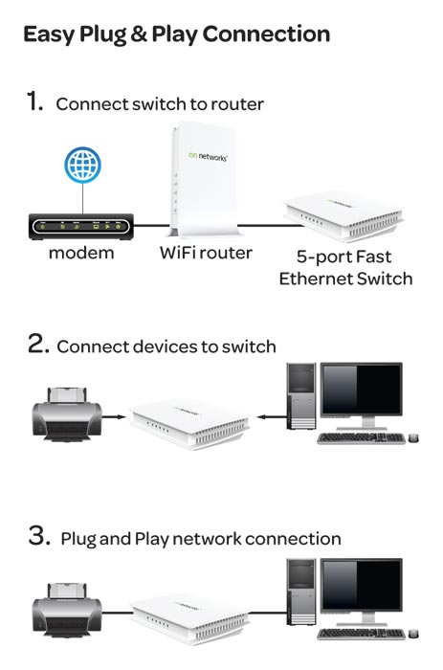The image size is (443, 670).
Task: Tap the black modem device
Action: point(82,227)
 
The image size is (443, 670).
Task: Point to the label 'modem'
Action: point(81,254)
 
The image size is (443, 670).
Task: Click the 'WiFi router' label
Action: point(205,254)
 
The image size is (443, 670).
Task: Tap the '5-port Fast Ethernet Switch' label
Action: point(345,267)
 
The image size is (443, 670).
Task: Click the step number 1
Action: point(33,101)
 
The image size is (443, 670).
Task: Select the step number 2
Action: point(36,345)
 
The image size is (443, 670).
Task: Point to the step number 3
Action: point(37,537)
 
